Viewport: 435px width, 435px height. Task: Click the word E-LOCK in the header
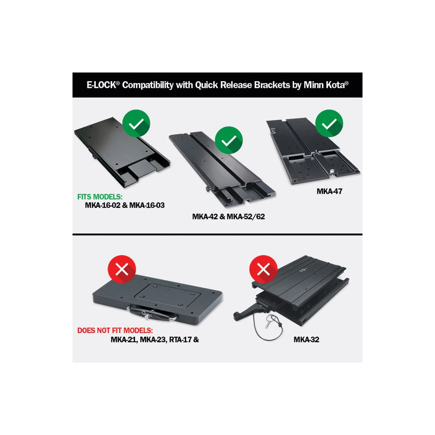coord(101,85)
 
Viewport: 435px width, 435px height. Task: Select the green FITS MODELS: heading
coord(100,197)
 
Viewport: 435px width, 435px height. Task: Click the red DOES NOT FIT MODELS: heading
coord(115,331)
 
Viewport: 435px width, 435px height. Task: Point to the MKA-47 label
coord(329,191)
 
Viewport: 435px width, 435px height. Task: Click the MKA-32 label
coord(306,340)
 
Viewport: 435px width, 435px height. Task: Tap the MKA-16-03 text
coord(147,205)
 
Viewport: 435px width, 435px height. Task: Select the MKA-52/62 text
coord(246,217)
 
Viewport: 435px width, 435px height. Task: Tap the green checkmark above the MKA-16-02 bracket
coord(136,123)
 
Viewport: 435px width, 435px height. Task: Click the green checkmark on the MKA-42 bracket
coord(229,140)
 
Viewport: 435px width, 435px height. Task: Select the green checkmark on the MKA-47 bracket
coord(329,123)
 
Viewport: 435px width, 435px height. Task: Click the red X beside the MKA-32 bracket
coord(263,269)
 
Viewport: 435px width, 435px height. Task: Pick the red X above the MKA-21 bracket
coord(122,269)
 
